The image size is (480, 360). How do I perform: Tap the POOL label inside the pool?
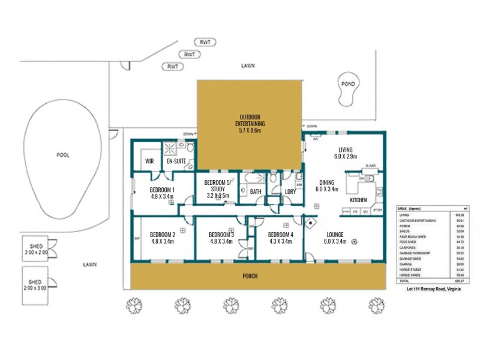click(x=63, y=155)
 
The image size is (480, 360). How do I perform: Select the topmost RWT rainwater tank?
click(x=206, y=42)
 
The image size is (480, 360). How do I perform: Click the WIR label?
click(x=150, y=161)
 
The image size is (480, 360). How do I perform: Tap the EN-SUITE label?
click(x=176, y=161)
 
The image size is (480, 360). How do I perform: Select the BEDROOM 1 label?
click(x=162, y=192)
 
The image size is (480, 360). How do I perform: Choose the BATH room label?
click(x=255, y=192)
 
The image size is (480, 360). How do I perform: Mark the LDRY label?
click(x=291, y=192)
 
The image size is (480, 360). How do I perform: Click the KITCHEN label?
click(x=358, y=199)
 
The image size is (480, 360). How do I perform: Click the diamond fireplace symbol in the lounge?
click(x=310, y=223)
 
